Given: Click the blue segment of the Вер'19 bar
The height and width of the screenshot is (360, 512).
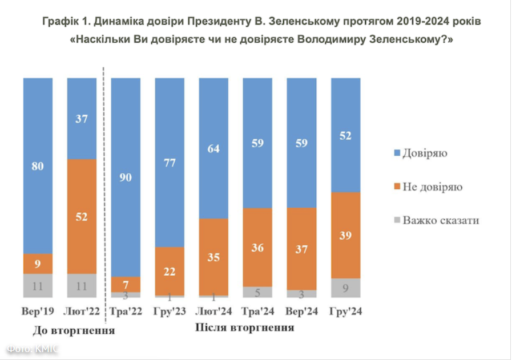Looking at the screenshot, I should point(38,165).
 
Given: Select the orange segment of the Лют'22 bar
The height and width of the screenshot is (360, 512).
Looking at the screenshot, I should point(82,216).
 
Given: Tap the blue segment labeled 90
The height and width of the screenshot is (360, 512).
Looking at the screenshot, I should point(126,177).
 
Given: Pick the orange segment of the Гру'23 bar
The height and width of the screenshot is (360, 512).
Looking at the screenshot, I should point(170,271).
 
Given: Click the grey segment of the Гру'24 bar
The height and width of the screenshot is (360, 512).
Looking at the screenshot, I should point(346,288).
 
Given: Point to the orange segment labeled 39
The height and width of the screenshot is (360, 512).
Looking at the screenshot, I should point(346,235).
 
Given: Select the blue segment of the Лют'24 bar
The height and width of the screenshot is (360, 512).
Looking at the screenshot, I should point(213,148).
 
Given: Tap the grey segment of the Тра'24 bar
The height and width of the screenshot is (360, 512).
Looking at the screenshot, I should point(257,292).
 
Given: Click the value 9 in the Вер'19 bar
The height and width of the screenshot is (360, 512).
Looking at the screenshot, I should point(38,264).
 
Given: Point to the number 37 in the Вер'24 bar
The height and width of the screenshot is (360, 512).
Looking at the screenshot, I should point(301,249).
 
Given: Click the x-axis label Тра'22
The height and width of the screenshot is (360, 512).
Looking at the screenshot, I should point(126,312).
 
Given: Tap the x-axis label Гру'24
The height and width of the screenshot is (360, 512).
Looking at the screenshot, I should point(346,312).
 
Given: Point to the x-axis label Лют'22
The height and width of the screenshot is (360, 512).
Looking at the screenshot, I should point(82,312).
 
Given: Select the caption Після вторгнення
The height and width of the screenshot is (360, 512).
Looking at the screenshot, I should point(245,327).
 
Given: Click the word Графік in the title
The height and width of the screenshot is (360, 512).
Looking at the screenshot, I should point(59,21).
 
